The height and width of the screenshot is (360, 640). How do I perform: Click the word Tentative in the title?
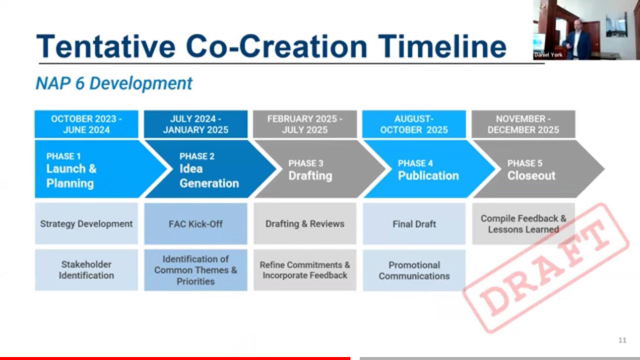tap(106, 46)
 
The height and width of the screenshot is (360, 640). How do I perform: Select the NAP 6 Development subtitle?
tap(114, 83)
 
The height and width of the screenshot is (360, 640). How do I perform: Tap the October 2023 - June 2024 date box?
tap(86, 124)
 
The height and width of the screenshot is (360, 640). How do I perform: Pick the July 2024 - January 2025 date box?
tap(195, 124)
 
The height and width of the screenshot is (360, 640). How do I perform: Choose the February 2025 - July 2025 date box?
tap(305, 124)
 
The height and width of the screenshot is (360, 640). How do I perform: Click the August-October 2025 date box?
tap(414, 124)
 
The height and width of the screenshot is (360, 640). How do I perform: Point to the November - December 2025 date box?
tap(523, 124)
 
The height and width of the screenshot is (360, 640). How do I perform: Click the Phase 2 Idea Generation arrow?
tap(208, 169)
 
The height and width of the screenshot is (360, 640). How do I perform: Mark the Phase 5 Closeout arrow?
tap(537, 169)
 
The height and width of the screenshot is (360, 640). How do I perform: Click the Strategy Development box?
tap(86, 224)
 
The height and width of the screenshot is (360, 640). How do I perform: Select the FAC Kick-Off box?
tap(195, 224)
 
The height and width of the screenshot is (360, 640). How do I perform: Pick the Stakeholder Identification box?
tap(86, 270)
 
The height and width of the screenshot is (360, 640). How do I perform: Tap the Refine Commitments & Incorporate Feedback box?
tap(305, 270)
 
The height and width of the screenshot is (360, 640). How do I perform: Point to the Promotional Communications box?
tap(414, 270)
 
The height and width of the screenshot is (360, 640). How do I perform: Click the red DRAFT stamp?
tap(546, 268)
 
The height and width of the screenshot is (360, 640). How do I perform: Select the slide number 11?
tap(622, 340)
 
